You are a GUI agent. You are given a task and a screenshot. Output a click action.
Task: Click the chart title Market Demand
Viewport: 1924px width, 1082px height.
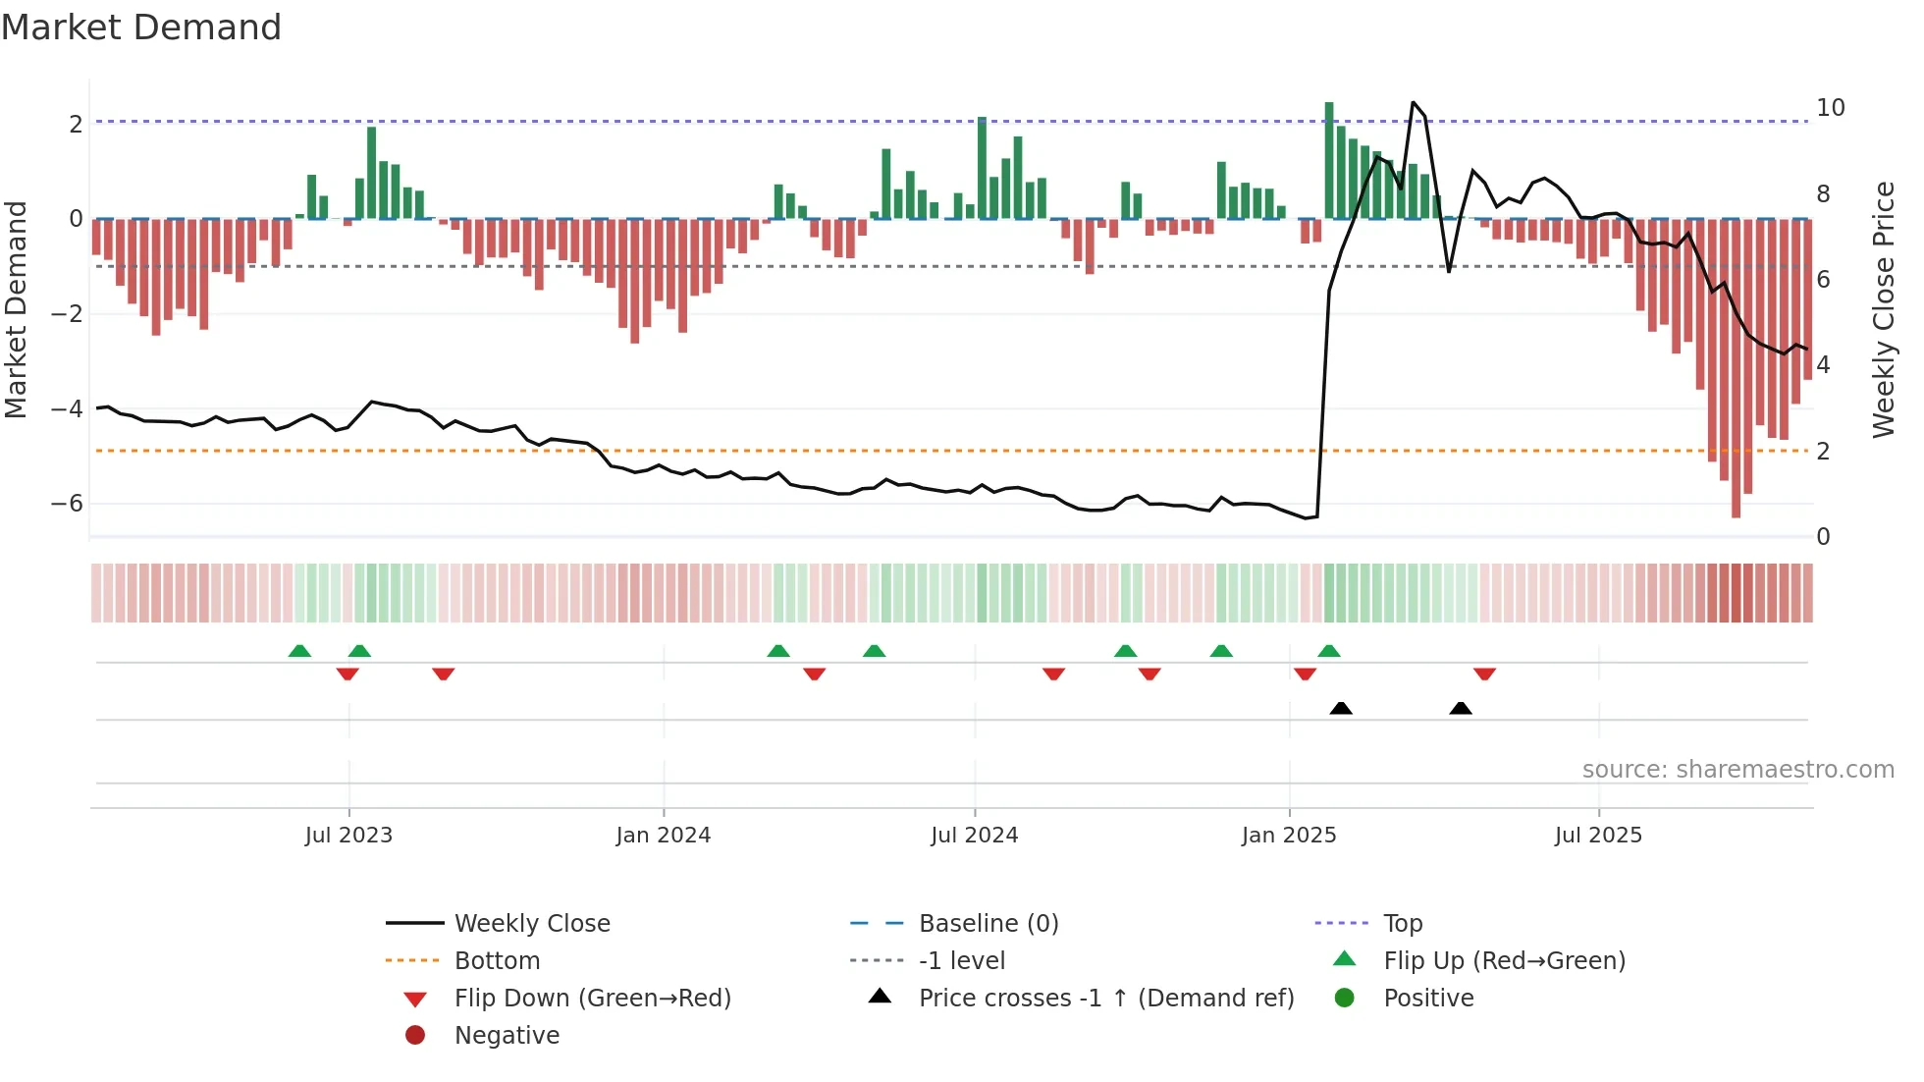pos(141,27)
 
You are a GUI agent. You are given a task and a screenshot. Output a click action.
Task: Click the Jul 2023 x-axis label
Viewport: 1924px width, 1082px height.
pos(348,836)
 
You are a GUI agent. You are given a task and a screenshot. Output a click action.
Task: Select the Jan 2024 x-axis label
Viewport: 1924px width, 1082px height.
pos(664,836)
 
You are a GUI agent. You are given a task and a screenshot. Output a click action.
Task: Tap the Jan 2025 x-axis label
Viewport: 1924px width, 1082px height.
pos(1289,836)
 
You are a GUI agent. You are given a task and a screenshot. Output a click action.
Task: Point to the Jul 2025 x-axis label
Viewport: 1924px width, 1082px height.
pos(1598,836)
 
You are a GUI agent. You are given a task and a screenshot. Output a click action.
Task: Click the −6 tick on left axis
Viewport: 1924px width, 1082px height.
pos(67,504)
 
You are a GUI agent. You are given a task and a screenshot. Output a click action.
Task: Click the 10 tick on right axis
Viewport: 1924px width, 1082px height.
pos(1830,108)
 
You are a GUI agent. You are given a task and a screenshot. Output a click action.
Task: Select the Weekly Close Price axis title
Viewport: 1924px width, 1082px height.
pos(1883,309)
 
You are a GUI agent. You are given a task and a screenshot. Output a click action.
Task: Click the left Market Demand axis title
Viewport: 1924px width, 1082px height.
pos(16,309)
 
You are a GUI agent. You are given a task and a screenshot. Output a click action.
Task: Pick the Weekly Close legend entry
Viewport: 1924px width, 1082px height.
pos(532,924)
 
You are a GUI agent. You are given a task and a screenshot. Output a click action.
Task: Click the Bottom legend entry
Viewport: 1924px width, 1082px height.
pos(497,961)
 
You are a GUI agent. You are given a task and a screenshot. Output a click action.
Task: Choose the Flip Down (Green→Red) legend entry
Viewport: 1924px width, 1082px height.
pos(592,999)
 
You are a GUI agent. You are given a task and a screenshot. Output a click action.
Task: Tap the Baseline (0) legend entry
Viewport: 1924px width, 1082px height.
pos(989,924)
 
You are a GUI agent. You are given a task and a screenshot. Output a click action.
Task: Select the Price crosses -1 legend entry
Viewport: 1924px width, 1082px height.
pos(1106,999)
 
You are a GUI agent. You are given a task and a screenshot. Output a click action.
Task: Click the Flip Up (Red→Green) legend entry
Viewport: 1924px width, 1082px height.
pos(1504,961)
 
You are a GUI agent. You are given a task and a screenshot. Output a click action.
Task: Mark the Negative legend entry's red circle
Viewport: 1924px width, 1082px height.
pos(415,1036)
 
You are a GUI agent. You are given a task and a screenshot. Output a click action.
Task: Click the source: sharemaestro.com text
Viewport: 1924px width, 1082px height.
pos(1737,770)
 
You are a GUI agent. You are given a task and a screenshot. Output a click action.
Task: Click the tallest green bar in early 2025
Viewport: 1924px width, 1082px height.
pos(1329,157)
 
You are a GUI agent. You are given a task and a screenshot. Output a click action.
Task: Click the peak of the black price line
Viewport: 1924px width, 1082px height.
pos(1413,102)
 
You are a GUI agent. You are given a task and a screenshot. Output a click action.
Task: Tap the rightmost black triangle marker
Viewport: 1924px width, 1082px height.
pos(1461,709)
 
